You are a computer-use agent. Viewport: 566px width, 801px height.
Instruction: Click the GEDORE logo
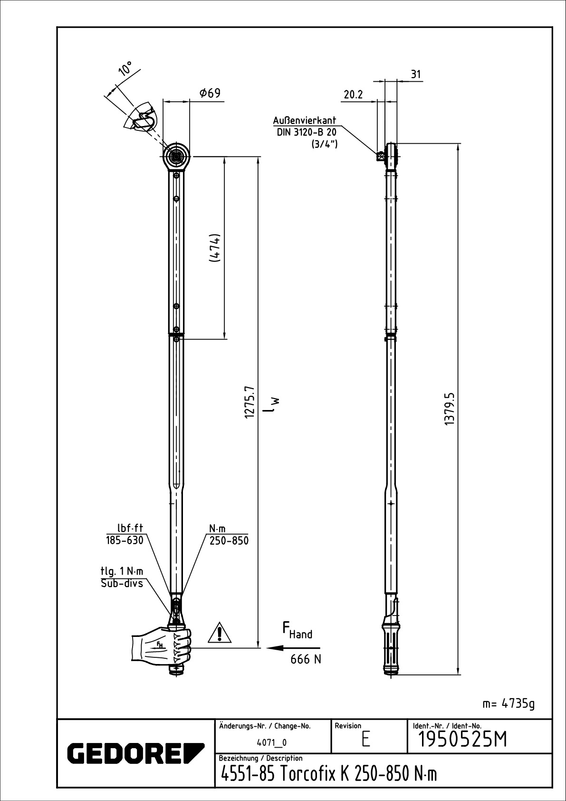[x=135, y=752]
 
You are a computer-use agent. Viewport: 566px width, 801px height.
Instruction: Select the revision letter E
[x=365, y=739]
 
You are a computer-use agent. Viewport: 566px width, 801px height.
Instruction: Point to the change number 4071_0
[x=271, y=742]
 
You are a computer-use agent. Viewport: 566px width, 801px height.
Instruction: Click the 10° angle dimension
[x=125, y=68]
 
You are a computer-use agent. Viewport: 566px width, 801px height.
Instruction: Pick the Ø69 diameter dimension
[x=210, y=93]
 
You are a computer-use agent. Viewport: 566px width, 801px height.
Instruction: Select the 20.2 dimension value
[x=353, y=95]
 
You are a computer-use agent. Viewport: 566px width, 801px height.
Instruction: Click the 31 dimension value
[x=416, y=74]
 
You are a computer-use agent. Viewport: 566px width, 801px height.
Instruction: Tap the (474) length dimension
[x=215, y=247]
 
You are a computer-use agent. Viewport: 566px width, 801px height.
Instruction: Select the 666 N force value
[x=306, y=659]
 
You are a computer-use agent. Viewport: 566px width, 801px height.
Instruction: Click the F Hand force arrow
[x=293, y=647]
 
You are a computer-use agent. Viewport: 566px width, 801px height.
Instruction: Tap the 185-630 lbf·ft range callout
[x=125, y=541]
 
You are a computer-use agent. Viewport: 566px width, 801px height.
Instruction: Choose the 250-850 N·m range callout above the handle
[x=229, y=541]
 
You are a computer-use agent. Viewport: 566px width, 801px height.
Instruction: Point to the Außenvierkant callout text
[x=305, y=121]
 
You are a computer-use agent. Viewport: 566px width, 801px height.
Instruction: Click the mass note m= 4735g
[x=508, y=703]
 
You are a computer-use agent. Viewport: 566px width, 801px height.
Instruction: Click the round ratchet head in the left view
[x=177, y=155]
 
